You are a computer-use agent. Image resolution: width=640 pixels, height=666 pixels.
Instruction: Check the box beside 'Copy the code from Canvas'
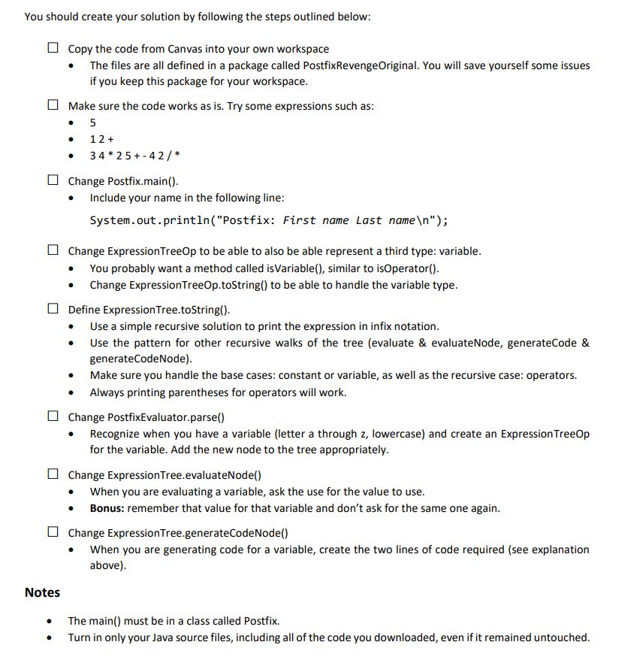[x=52, y=48]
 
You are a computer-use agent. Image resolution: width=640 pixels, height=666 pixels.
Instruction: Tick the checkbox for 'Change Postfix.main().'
[x=52, y=181]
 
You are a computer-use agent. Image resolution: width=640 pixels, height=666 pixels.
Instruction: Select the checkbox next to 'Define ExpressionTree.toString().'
[x=52, y=310]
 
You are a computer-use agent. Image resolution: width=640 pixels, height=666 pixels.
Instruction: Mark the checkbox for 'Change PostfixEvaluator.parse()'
[x=52, y=417]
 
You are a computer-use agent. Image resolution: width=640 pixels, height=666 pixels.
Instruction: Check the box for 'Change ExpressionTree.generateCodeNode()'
[x=52, y=533]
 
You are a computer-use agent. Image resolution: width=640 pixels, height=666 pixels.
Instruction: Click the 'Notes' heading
[x=42, y=592]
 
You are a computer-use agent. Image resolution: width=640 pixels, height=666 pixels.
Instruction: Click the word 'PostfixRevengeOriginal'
[x=357, y=65]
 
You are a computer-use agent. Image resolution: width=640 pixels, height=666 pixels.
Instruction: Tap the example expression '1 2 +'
[x=101, y=139]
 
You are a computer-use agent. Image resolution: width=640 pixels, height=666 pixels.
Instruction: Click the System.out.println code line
[x=269, y=220]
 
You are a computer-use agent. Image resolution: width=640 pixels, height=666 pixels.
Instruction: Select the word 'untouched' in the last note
[x=562, y=637]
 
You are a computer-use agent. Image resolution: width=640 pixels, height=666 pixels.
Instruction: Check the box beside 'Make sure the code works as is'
[x=52, y=106]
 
